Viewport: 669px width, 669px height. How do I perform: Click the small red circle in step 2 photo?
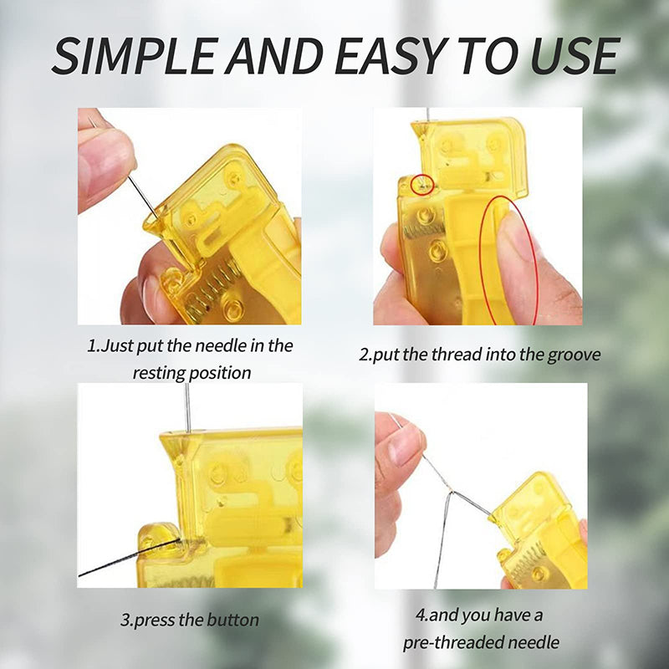423,183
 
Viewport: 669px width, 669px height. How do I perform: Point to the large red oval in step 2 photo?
509,259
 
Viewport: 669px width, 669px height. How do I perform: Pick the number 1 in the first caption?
93,345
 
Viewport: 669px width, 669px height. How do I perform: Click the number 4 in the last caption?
420,615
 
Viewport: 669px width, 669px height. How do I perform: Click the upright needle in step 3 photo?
188,406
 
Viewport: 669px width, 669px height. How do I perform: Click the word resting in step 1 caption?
158,372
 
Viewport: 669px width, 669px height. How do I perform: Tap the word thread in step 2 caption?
426,354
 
